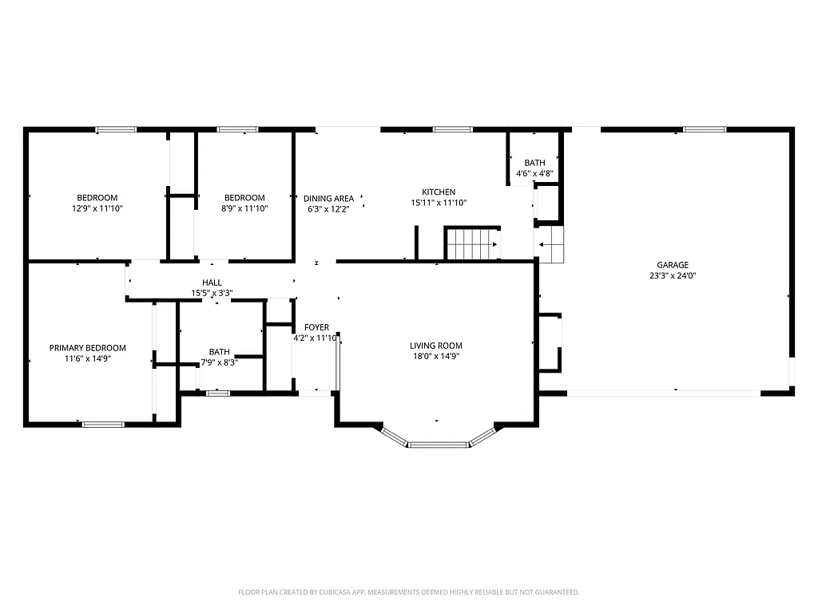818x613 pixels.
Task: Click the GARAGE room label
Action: coord(672,265)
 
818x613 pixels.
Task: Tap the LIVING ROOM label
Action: coord(436,346)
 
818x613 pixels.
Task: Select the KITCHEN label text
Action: coord(439,192)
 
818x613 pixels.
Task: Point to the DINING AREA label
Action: coord(328,199)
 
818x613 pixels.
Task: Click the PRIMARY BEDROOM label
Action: coord(88,348)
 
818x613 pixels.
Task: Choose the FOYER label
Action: coord(316,327)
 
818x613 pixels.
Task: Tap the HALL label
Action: coord(212,283)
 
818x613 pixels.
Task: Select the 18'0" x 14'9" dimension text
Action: coord(436,356)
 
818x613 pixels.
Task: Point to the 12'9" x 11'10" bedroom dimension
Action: coord(97,208)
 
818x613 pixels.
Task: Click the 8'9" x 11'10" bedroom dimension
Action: coord(244,208)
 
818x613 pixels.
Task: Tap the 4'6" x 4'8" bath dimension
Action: coord(534,173)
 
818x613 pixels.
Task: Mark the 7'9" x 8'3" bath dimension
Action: coord(219,362)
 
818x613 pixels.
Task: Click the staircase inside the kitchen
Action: coord(472,243)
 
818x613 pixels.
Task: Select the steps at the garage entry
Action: coord(551,244)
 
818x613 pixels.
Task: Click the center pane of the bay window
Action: coord(437,444)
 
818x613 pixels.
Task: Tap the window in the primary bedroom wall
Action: coord(104,424)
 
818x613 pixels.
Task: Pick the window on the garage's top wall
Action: coord(704,129)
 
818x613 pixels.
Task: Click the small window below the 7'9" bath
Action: coord(217,393)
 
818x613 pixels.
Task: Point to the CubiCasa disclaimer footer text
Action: coord(408,592)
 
